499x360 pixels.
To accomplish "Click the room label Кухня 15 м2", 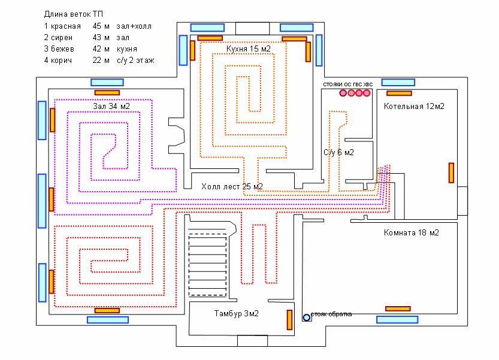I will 248,49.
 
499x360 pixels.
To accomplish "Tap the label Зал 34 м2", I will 111,106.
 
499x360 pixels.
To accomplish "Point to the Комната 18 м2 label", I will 411,232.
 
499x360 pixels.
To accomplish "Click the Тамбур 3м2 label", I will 236,314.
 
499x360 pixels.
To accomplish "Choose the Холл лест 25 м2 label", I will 232,187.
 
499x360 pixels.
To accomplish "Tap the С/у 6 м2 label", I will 338,153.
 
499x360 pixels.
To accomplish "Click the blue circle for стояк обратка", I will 307,317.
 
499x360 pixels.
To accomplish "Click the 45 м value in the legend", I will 101,26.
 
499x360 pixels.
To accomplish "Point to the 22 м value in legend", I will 101,60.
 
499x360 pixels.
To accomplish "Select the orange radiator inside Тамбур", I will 289,320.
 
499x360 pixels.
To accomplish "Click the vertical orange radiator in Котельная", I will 451,173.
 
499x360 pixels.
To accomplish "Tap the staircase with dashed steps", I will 208,264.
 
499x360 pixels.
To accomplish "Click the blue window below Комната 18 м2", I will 397,319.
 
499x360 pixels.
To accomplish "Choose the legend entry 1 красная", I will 62,26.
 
